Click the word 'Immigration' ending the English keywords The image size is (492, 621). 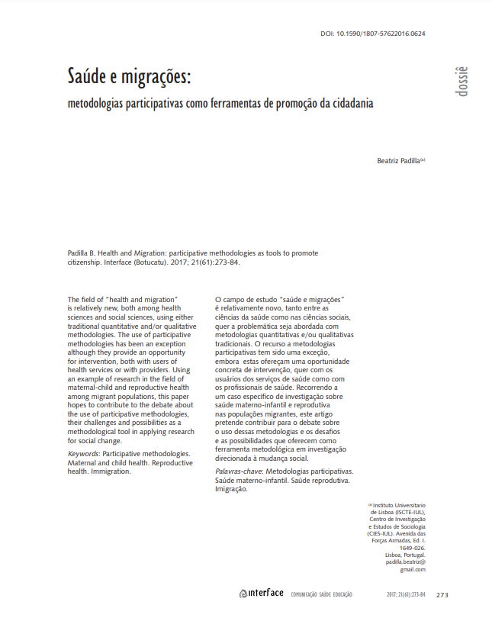coord(111,471)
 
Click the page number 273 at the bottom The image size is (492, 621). coord(442,595)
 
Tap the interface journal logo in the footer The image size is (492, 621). coord(261,594)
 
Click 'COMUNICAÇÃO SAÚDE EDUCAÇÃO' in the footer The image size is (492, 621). coord(322,595)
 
